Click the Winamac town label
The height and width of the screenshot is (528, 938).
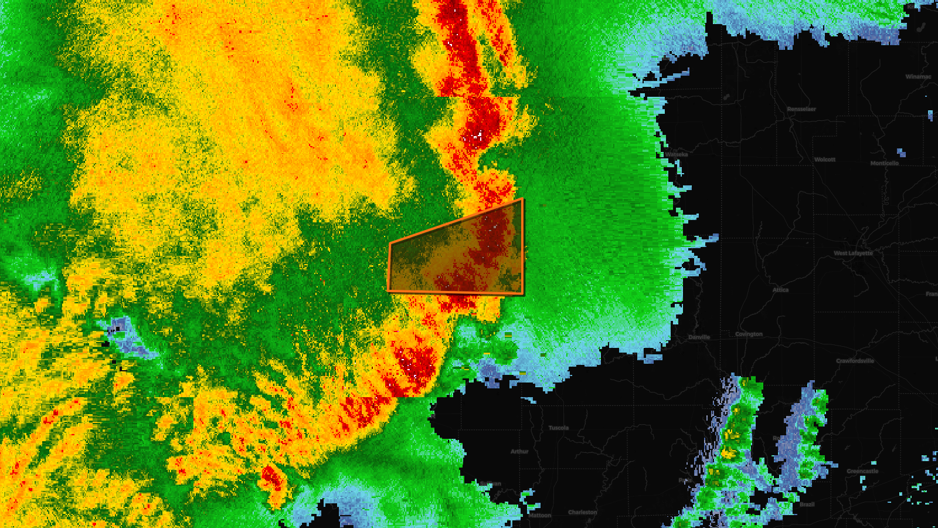pos(918,77)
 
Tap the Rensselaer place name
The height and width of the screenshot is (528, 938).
pos(801,109)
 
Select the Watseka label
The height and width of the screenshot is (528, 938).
pos(676,155)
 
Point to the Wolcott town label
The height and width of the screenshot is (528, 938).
pos(825,160)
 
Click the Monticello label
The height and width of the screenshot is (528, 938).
pos(884,163)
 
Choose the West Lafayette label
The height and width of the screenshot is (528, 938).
pos(853,253)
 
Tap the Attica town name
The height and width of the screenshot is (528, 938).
pos(780,290)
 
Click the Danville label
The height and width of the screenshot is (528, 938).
pos(699,337)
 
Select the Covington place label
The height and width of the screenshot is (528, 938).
pos(749,334)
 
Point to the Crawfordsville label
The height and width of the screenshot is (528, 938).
pos(855,361)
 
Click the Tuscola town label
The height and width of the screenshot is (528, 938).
pos(558,428)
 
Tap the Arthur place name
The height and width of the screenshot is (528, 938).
pos(519,452)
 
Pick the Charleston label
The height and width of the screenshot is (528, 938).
pos(582,512)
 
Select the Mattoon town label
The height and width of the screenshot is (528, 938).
pos(539,516)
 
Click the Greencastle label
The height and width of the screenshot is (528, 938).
pos(862,471)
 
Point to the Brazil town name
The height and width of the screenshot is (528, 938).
pos(807,505)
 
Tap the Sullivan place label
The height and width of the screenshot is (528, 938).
pos(491,484)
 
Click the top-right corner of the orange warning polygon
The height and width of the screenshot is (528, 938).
pos(522,199)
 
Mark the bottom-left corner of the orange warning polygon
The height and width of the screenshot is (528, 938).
pos(389,290)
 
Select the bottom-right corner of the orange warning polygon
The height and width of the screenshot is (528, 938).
pos(523,294)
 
